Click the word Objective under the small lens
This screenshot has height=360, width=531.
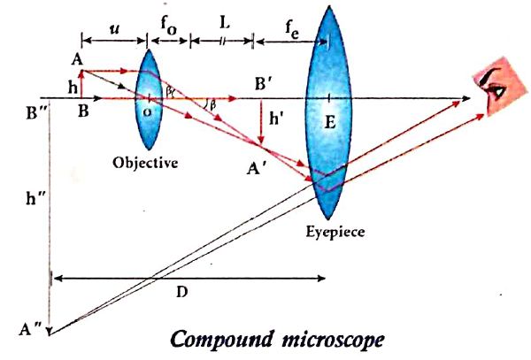coord(145,164)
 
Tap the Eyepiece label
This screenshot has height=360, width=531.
coord(335,233)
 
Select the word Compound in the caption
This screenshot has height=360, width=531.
coord(222,340)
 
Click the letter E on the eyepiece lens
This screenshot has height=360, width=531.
coord(329,122)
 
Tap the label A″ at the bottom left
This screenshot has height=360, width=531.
coord(30,328)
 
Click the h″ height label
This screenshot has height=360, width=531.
coord(35,198)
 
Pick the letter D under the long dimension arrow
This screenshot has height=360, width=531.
coord(182,292)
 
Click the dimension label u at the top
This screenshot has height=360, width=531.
coord(115,29)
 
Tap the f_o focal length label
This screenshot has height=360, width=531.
coord(168,26)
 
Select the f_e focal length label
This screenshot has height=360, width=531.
coord(292,30)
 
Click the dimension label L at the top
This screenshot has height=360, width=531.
coord(224,22)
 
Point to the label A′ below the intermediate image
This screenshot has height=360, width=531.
coord(257,168)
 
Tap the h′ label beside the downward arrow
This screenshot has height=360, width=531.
coord(276,119)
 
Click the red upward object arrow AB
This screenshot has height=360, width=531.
coord(81,83)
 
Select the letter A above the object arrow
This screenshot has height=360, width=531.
coord(77,60)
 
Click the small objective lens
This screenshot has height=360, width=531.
coord(149,99)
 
